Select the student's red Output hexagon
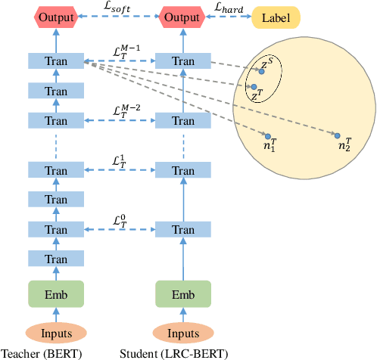pyautogui.click(x=183, y=17)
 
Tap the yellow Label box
pyautogui.click(x=276, y=17)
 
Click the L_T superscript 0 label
pyautogui.click(x=119, y=220)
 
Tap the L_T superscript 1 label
pyautogui.click(x=119, y=162)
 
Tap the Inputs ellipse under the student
pyautogui.click(x=183, y=334)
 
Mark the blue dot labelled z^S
pyautogui.click(x=262, y=71)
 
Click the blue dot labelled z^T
pyautogui.click(x=254, y=87)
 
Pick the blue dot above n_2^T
pyautogui.click(x=337, y=135)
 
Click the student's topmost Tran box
pyautogui.click(x=183, y=61)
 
